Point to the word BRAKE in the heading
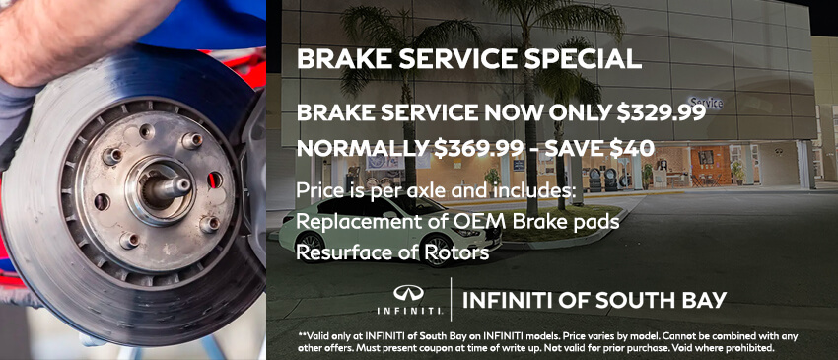coord(332,58)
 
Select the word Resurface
coord(341,252)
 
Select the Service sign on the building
coord(706,102)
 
